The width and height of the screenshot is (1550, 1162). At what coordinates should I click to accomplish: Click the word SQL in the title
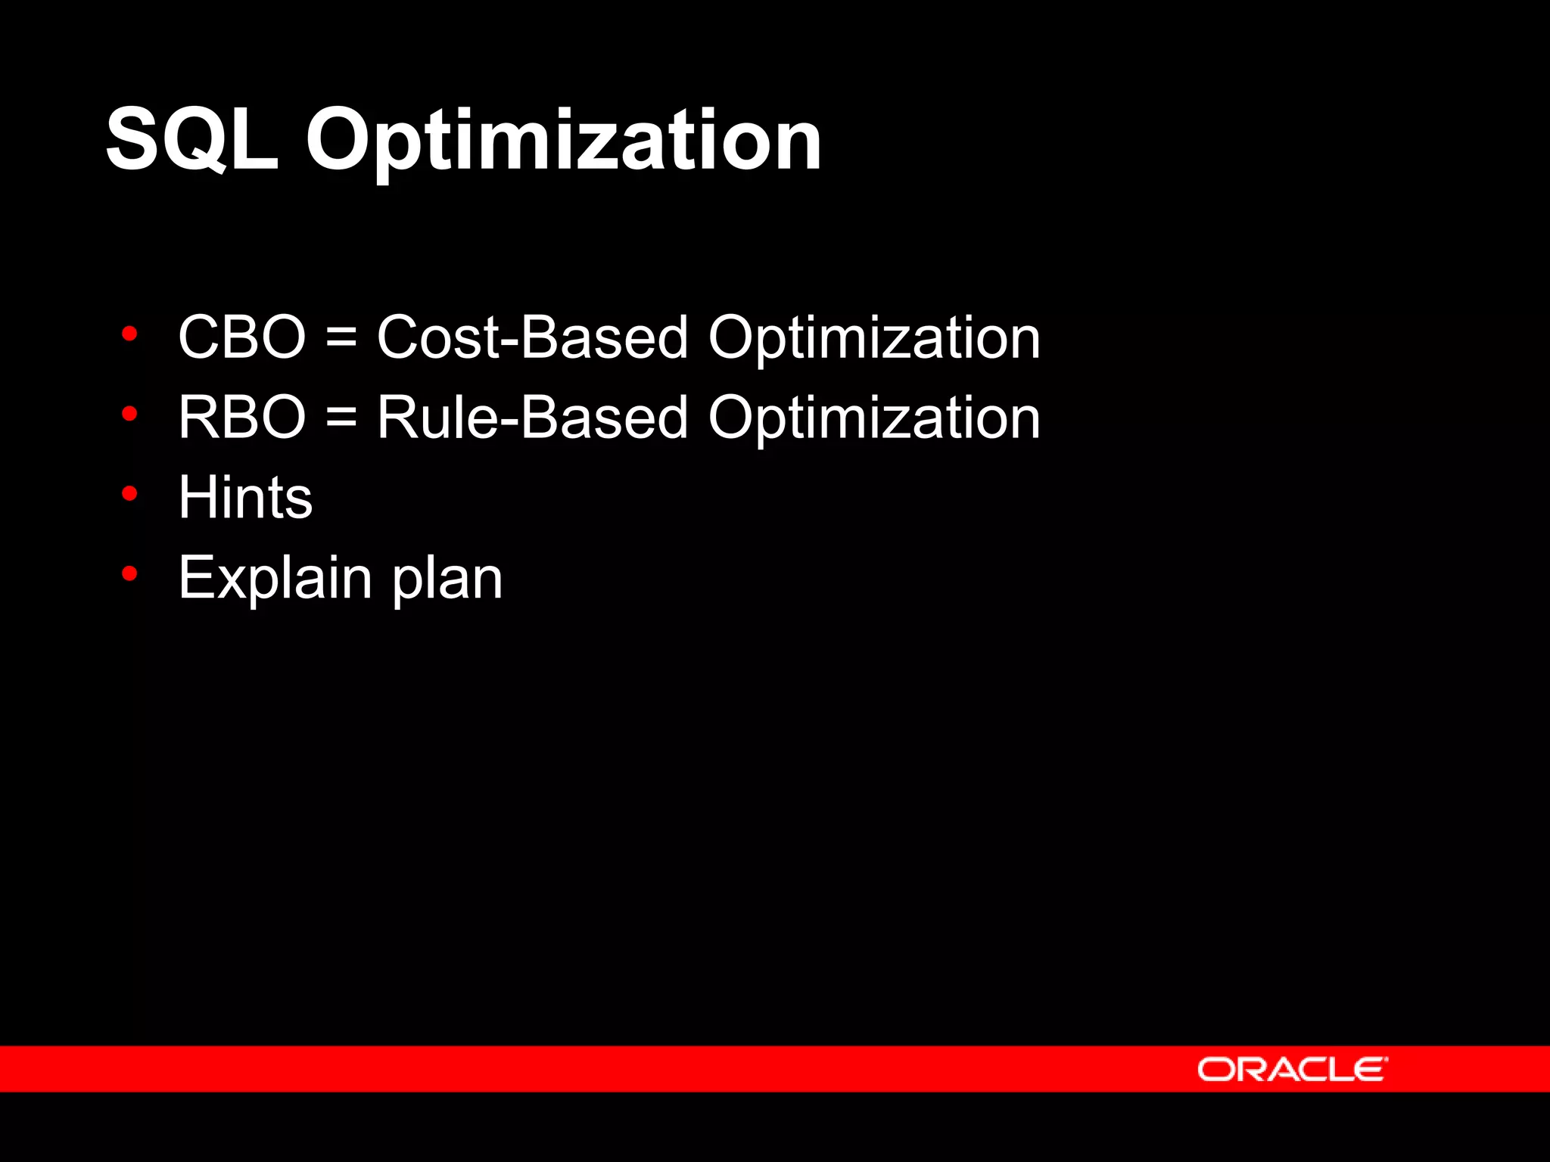192,140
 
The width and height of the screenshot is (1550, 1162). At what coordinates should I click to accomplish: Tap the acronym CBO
241,337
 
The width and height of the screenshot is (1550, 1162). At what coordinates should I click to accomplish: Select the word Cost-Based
532,337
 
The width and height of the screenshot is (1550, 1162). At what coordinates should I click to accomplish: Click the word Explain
275,579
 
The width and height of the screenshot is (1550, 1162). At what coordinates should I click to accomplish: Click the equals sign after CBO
341,338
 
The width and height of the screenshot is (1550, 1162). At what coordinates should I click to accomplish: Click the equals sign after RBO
341,418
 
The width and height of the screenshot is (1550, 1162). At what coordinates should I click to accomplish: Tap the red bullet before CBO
129,333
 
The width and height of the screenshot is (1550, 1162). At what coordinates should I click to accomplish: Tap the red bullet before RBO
129,413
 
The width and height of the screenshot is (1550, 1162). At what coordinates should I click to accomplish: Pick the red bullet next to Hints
129,493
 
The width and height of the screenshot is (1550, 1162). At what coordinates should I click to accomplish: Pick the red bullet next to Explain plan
129,573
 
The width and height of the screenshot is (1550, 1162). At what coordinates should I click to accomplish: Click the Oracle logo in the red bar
1292,1069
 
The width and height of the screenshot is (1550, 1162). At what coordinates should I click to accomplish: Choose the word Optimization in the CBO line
874,338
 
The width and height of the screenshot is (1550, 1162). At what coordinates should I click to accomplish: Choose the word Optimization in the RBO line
874,418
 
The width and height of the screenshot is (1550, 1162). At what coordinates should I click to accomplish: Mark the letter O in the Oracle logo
1214,1070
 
